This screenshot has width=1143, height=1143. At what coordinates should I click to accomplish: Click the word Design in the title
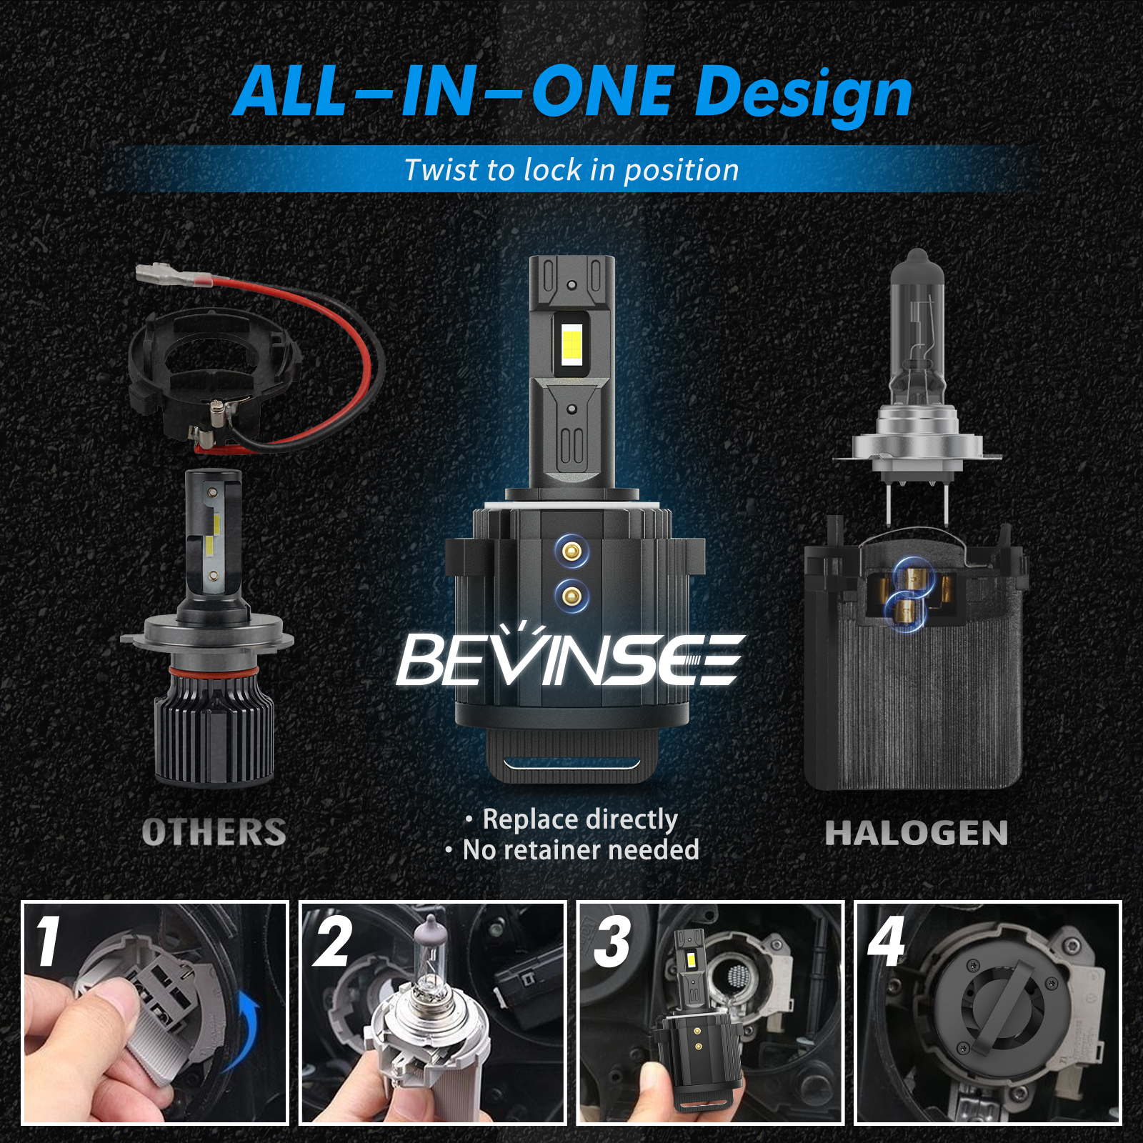pyautogui.click(x=804, y=95)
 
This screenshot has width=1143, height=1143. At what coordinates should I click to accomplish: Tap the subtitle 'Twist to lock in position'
pyautogui.click(x=571, y=170)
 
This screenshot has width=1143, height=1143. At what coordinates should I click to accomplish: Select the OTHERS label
pyautogui.click(x=214, y=832)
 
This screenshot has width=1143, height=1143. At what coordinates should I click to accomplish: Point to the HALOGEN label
pyautogui.click(x=917, y=833)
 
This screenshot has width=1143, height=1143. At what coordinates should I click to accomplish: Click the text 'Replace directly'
pyautogui.click(x=580, y=819)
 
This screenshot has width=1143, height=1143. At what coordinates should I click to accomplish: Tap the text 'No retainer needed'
pyautogui.click(x=581, y=850)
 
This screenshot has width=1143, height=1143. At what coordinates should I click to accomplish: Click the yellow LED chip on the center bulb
pyautogui.click(x=571, y=344)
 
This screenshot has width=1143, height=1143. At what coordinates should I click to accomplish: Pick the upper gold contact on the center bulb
pyautogui.click(x=571, y=551)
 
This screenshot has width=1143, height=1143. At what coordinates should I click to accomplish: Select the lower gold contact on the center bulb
pyautogui.click(x=571, y=594)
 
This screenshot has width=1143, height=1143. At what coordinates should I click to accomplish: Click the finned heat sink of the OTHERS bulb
pyautogui.click(x=214, y=729)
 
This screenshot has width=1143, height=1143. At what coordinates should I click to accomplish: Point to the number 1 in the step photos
pyautogui.click(x=48, y=942)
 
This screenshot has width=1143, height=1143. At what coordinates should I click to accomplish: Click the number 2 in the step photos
pyautogui.click(x=333, y=942)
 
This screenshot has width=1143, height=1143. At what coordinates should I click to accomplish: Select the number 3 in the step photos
pyautogui.click(x=612, y=942)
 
